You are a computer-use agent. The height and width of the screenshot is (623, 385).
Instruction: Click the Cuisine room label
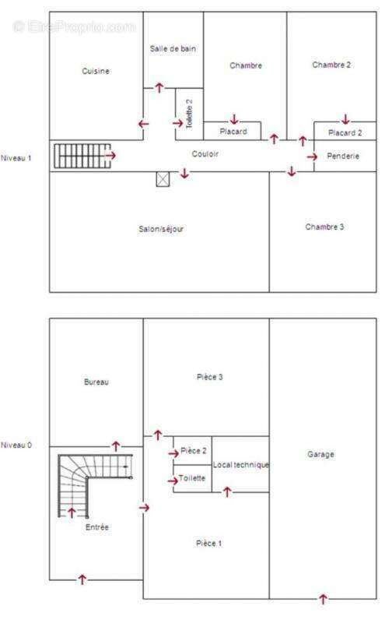coord(96,71)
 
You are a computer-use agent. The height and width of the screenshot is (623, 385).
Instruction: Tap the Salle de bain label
coord(173,49)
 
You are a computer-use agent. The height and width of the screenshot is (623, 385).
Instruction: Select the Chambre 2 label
coord(331,65)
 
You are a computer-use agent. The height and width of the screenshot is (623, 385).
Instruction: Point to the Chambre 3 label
coord(324,227)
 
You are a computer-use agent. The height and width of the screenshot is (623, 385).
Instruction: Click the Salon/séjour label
coord(161,229)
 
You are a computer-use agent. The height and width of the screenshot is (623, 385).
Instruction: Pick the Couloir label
coord(205,153)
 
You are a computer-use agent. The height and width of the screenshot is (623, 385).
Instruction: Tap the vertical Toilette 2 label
coord(189,114)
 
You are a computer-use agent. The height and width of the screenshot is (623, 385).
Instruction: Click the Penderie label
coord(343,157)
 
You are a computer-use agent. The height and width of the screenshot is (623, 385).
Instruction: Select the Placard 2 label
coord(345,132)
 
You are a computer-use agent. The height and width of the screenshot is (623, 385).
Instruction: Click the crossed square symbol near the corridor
coord(163,179)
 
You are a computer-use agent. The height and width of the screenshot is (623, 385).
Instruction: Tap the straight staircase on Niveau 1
coord(82,156)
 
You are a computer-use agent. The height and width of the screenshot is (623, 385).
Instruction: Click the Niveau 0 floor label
coord(16,445)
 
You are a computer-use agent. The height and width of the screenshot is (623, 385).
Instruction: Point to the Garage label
coord(320,454)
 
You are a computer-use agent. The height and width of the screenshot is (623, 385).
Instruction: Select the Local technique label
coord(241,464)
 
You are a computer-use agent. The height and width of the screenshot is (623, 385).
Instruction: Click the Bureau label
coord(96,382)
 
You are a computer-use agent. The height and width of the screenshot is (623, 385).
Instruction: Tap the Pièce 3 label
coord(209,377)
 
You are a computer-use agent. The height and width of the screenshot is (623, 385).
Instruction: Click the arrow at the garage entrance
coord(323,599)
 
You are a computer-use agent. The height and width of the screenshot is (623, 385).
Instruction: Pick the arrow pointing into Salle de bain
coord(159,87)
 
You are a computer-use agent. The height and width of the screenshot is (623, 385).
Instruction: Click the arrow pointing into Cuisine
coord(143,124)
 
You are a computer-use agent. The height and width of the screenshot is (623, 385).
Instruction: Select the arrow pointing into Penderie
coord(312,157)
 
